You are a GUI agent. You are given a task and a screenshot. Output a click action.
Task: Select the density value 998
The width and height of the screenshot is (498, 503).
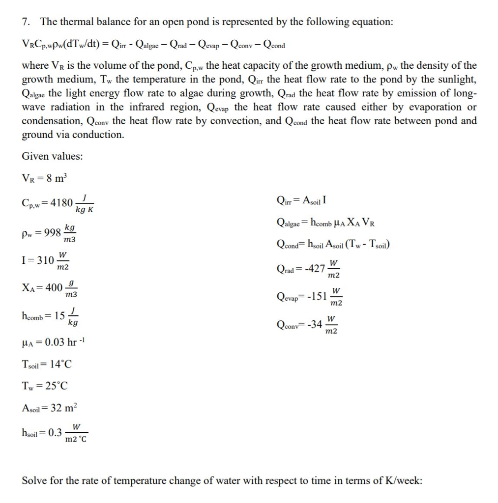pyautogui.click(x=53, y=232)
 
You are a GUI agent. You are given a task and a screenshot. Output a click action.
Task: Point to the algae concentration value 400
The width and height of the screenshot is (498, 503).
pyautogui.click(x=54, y=288)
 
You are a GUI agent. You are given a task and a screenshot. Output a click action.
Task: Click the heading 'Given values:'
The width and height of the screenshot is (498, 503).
pyautogui.click(x=52, y=156)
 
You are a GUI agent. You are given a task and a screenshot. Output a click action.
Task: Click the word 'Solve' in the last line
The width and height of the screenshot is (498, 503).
pyautogui.click(x=34, y=481)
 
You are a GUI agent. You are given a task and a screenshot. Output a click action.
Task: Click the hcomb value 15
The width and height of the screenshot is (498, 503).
pyautogui.click(x=59, y=315)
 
